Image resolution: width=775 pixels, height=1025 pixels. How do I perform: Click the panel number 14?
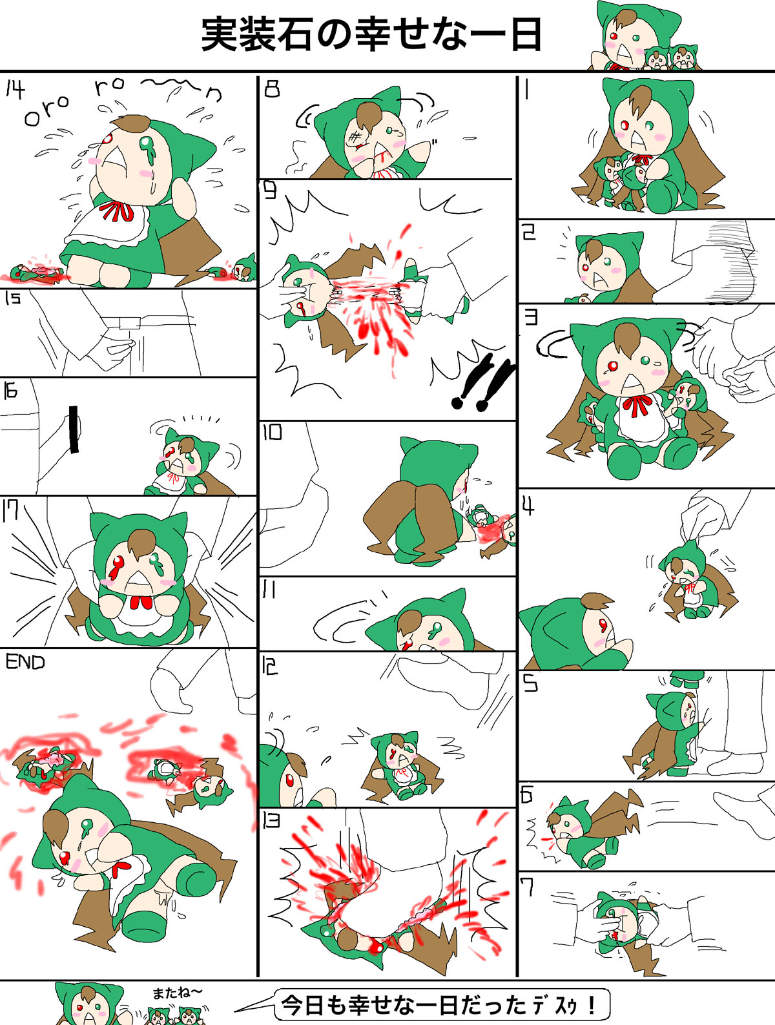coord(15,90)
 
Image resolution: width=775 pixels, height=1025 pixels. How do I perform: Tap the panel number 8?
coord(272,88)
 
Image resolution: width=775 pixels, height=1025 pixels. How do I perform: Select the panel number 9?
coord(271,190)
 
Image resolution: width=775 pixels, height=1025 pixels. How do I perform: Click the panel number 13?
coord(272,820)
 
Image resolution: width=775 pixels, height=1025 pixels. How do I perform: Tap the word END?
coord(25,662)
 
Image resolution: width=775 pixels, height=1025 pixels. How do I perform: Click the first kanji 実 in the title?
coord(220,34)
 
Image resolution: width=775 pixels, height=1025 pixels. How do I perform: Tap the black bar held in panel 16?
coord(73,429)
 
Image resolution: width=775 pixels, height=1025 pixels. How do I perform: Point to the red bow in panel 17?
coord(141,602)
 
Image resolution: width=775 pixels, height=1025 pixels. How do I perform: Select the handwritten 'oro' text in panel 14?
coord(46,111)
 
